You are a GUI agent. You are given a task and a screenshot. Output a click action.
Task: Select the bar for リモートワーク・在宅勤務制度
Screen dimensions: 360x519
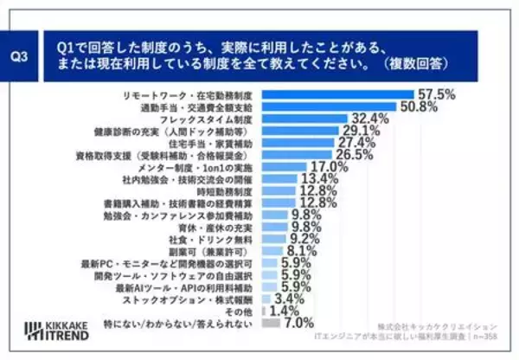click(x=337, y=93)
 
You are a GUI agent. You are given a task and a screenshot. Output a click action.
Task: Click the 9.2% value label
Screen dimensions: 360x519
click(x=305, y=238)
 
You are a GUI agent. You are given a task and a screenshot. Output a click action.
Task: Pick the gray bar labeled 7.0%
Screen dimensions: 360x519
click(x=271, y=323)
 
